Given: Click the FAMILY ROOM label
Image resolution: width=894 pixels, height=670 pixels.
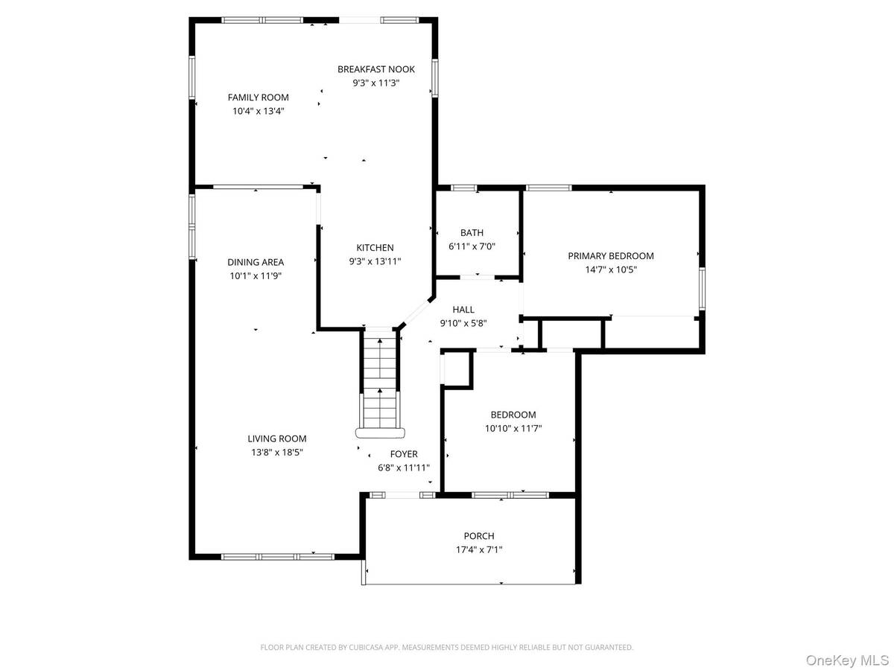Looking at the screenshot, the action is coord(258,98).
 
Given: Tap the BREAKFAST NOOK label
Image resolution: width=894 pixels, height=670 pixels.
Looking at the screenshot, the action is coord(376,69).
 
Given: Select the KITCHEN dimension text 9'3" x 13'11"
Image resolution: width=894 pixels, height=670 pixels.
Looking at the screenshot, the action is coord(375,261).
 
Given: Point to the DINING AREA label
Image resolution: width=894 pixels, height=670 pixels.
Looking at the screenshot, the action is coord(256,262).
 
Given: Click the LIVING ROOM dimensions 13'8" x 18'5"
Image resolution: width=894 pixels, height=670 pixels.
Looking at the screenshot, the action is coord(277,452).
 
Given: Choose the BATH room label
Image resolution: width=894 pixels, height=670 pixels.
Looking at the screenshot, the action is coord(472,233).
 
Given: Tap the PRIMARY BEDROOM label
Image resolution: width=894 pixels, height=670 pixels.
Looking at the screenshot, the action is coord(610,256).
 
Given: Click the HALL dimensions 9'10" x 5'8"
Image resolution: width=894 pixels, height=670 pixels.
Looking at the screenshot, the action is coord(463,323).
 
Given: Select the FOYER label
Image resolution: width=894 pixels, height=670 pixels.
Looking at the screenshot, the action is coord(404,454).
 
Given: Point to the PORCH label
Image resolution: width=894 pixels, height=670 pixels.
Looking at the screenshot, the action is coord(478,536).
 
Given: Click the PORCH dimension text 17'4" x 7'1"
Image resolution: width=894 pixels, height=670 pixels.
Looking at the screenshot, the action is coord(478,549).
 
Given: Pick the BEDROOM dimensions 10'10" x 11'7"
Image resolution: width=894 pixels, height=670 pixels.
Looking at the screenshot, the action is coord(513,428).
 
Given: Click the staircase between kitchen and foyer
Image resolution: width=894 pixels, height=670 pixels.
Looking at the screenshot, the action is coord(380,378).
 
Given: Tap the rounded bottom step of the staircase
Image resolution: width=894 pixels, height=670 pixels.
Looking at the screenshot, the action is coord(380,433).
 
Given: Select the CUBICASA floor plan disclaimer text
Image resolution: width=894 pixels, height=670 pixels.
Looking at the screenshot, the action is coord(447,647).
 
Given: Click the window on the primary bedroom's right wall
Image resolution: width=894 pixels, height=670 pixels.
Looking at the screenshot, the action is coord(702,289).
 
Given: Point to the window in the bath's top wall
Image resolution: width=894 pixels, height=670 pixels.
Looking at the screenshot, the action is coord(463,188).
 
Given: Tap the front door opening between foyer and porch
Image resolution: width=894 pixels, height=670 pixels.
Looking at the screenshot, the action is coord(402,495).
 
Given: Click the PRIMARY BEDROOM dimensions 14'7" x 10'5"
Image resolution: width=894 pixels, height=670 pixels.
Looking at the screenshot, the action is coord(610,269).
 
